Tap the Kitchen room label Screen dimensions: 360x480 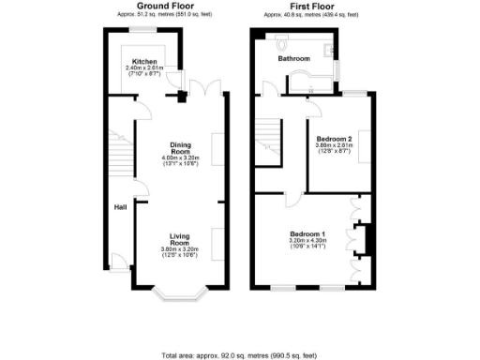coord(144,61)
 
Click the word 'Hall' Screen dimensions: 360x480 coord(120,207)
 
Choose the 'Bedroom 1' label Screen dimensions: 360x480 coord(307,233)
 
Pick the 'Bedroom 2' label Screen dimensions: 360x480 coord(334,139)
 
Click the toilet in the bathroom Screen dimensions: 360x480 coord(282,39)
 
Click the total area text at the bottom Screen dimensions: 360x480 coord(239,355)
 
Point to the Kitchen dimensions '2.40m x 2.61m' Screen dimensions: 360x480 coord(144,68)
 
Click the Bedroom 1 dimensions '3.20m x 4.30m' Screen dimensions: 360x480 coord(307,241)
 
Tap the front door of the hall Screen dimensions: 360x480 coord(118,263)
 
